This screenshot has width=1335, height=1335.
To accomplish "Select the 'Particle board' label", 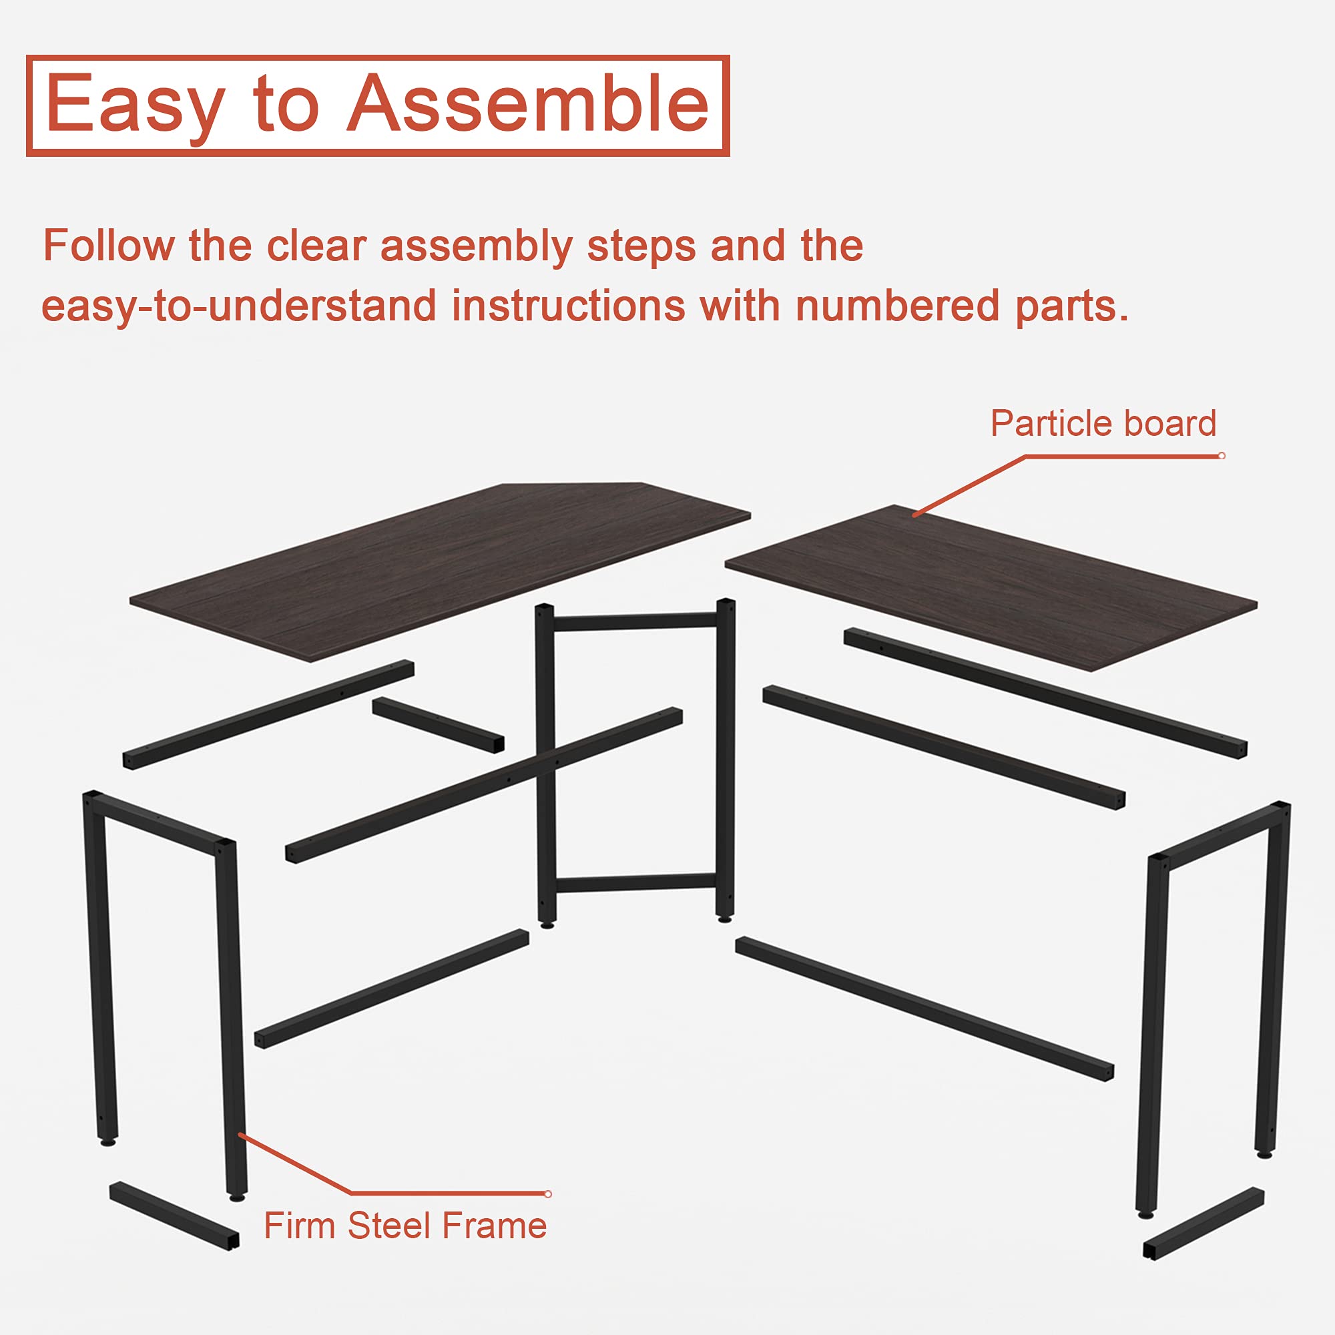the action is coord(1103,423).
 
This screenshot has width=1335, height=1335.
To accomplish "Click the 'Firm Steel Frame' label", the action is coord(406,1226).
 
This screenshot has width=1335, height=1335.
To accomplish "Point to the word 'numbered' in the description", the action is coord(898,306).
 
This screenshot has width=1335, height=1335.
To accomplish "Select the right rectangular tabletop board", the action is coord(991,587).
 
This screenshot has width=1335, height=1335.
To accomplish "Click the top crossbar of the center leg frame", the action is coord(634,621).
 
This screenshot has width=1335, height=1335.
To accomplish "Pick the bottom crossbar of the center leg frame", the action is coord(635,883).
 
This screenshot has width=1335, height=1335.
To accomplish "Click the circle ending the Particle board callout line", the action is coord(1222,456).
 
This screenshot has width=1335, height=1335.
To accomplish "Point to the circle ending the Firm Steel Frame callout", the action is coord(548,1194).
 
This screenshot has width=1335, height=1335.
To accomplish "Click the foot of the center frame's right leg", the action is coord(724,918).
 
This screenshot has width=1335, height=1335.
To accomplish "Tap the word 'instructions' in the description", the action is coord(568,306).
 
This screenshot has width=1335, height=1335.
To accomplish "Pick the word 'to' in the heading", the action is coord(287,103).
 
